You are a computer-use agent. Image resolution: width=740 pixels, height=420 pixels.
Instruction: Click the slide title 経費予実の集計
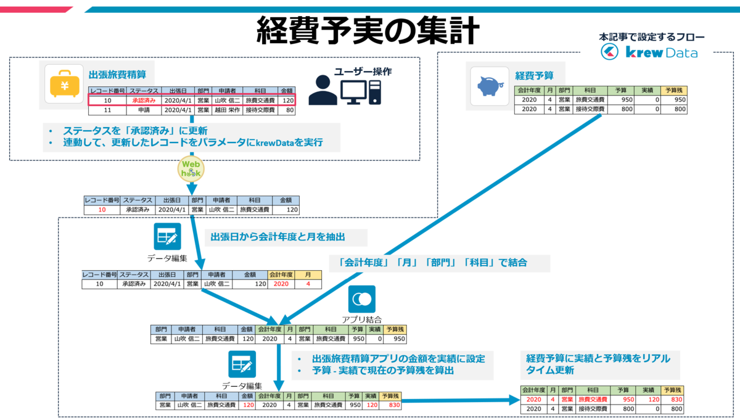(x=368, y=30)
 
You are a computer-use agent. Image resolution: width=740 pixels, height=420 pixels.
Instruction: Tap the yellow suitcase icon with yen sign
(x=64, y=84)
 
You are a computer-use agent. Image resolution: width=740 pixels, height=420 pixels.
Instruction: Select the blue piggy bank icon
(x=490, y=86)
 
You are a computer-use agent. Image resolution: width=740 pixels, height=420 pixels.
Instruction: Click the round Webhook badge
(x=191, y=169)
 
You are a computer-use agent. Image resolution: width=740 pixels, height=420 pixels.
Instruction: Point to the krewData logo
(x=649, y=52)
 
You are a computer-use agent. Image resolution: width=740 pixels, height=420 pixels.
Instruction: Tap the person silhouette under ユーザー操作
(x=323, y=90)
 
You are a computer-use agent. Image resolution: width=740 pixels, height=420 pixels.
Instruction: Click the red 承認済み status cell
(x=144, y=100)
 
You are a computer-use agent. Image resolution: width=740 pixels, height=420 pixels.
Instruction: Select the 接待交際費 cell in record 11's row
(x=260, y=110)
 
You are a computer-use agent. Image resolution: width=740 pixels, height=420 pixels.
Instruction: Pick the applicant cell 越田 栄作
(x=228, y=110)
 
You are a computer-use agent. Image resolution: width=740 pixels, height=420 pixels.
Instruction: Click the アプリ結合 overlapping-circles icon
(x=362, y=299)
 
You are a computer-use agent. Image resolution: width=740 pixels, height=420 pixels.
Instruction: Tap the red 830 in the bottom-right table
(x=676, y=399)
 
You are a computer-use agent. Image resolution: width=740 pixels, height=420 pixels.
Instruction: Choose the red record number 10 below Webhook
(x=102, y=210)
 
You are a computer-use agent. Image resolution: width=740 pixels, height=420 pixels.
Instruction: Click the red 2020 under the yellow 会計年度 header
(x=281, y=284)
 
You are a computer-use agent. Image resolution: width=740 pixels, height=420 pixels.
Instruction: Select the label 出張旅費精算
(x=117, y=75)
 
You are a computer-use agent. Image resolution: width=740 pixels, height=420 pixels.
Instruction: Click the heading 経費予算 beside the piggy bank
(x=534, y=76)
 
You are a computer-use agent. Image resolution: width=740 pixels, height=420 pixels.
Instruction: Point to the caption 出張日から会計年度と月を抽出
(x=278, y=237)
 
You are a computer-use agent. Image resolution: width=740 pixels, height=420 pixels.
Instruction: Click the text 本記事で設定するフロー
(x=651, y=37)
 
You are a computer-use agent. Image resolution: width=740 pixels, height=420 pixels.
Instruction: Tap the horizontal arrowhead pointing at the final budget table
(x=515, y=400)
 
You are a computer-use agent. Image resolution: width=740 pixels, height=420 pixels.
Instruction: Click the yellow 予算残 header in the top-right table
(x=674, y=90)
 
